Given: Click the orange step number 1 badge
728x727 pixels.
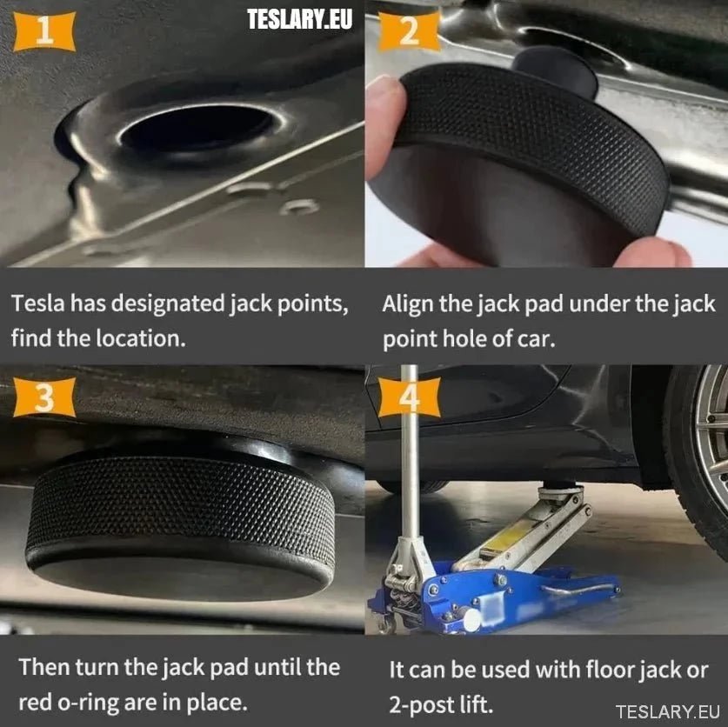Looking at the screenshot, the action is (x=44, y=31).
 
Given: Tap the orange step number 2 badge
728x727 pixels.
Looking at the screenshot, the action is (x=409, y=31).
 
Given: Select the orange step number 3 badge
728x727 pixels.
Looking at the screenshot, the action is (x=44, y=397).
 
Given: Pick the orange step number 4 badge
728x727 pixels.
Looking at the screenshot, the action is (x=409, y=397).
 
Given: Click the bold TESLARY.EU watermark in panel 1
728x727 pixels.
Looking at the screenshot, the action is (x=299, y=19).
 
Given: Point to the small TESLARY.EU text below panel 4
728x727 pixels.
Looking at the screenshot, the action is (x=668, y=711).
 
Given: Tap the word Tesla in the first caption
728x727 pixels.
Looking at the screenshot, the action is (x=38, y=303).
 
